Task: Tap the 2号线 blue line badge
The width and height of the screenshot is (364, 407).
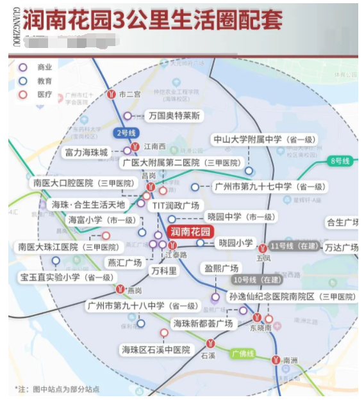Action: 126,133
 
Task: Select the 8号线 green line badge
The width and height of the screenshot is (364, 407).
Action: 340,161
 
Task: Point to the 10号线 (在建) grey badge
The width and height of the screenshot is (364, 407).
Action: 258,280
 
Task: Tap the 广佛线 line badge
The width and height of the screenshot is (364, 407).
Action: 243,353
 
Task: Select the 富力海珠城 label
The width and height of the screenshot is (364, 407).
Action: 87,152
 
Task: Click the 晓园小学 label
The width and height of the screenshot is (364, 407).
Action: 235,243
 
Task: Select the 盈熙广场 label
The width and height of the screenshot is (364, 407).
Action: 221,268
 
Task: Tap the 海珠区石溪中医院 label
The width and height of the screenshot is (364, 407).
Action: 156,349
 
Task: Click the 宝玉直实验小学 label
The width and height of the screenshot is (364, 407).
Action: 67,277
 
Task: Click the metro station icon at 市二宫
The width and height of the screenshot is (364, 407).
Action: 112,94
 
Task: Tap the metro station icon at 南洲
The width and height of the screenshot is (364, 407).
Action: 276,360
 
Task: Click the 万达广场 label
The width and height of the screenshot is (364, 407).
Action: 341,247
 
